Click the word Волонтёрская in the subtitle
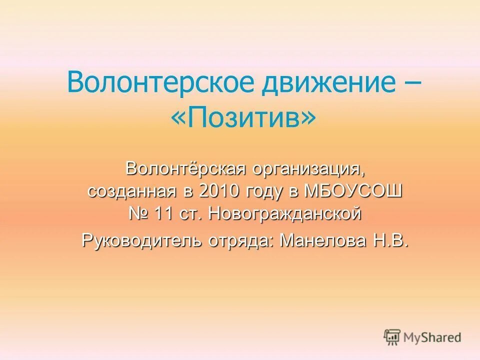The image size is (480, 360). coord(183,169)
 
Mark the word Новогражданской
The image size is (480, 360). coord(284,214)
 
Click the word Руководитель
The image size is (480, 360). coord(141,240)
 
